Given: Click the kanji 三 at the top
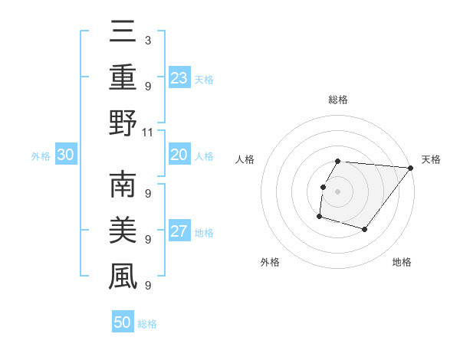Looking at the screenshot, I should tap(123, 33).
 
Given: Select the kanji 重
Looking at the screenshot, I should tap(123, 78).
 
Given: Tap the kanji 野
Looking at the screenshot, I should tap(123, 123).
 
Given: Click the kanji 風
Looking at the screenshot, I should tap(123, 277).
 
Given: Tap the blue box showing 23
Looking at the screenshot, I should tap(179, 77).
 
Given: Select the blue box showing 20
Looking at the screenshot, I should tap(179, 155).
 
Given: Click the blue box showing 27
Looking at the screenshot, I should tap(179, 231).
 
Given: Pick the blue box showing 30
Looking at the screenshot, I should tap(65, 155).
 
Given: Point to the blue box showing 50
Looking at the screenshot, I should tap(123, 322).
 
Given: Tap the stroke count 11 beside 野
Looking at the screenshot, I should tap(148, 132).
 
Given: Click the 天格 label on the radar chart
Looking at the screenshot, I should tap(431, 160).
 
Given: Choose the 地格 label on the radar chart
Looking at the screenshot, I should tap(402, 262).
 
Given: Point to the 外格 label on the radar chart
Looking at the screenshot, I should tap(270, 262).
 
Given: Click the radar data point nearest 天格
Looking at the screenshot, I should tap(410, 169).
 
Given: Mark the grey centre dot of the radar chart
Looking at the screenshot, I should tap(337, 191).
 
